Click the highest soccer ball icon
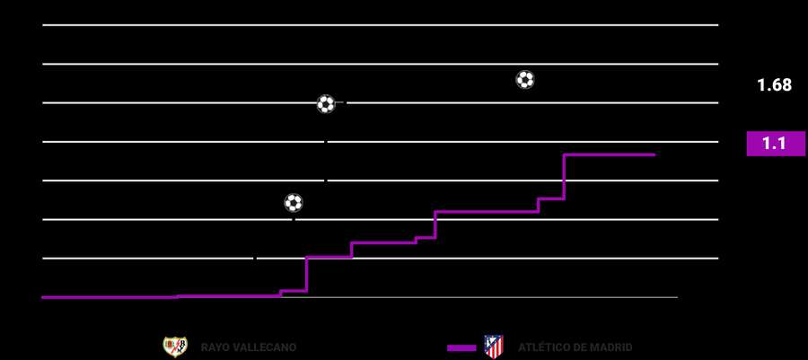(525, 80)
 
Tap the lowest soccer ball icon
(294, 203)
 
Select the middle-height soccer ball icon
(326, 104)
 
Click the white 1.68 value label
(774, 85)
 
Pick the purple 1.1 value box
(776, 144)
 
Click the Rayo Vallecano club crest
(174, 347)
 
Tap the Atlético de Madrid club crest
(493, 347)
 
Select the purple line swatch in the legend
(461, 347)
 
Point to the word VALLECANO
(265, 347)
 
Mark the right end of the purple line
(654, 155)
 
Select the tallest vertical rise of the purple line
(564, 177)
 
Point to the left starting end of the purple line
(43, 297)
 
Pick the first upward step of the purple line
(177, 296)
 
